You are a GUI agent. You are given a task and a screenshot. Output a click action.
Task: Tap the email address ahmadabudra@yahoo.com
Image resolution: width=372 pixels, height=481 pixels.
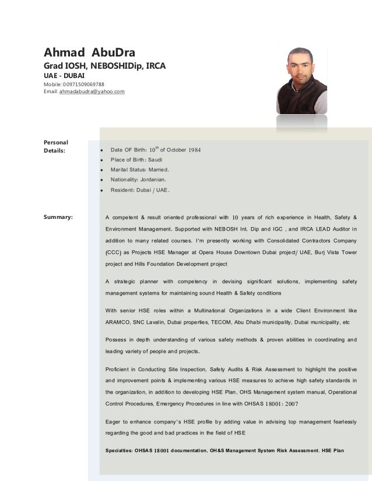pyautogui.click(x=92, y=91)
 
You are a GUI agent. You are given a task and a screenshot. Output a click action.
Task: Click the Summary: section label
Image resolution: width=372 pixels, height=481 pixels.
pyautogui.click(x=58, y=217)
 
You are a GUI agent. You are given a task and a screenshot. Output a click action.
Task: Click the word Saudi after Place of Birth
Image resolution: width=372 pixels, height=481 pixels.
pyautogui.click(x=156, y=160)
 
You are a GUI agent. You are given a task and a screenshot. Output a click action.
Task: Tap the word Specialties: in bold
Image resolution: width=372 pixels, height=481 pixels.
pyautogui.click(x=121, y=451)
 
